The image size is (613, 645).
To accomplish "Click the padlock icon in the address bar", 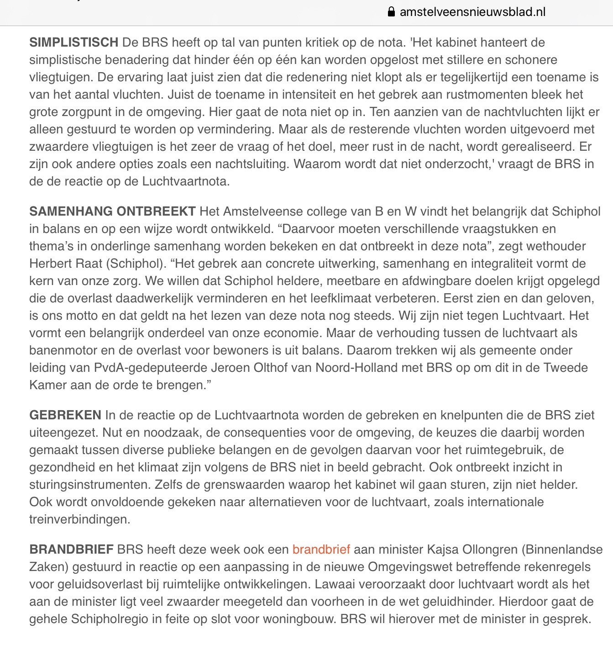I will click(x=391, y=12).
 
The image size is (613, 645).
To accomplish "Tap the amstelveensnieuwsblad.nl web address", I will click(x=472, y=12).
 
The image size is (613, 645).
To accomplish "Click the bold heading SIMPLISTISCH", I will click(x=74, y=42).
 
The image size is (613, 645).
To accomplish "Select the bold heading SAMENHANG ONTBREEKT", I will click(x=112, y=211).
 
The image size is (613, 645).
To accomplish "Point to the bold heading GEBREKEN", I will click(x=65, y=415).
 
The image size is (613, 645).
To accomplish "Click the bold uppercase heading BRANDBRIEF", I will click(x=71, y=550).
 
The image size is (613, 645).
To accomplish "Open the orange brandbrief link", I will click(x=321, y=550).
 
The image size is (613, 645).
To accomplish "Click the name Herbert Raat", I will click(x=59, y=264).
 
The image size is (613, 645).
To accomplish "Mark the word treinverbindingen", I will click(x=79, y=519).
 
